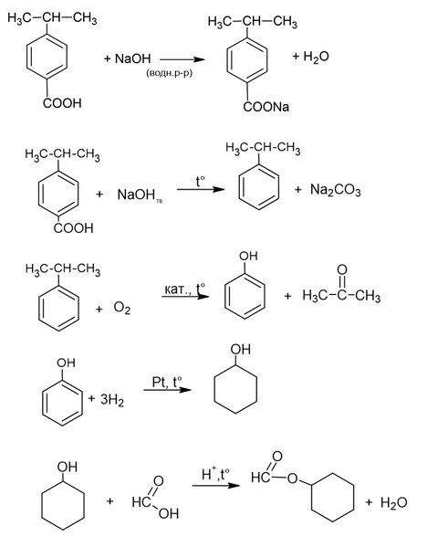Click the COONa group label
pos(266,107)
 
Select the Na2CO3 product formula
pos(336,190)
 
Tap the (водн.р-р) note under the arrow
pos(169,73)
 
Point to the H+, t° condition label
pos(215,474)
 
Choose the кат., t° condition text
pos(184,289)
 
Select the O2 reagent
pos(122,308)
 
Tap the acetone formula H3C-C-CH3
pos(341,296)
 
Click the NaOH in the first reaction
pos(132,58)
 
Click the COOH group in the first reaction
pos(62,103)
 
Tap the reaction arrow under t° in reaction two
pos(201,189)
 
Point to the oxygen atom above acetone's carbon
pos(342,269)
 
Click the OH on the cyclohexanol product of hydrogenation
pos(241,349)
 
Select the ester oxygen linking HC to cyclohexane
pos(293,479)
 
